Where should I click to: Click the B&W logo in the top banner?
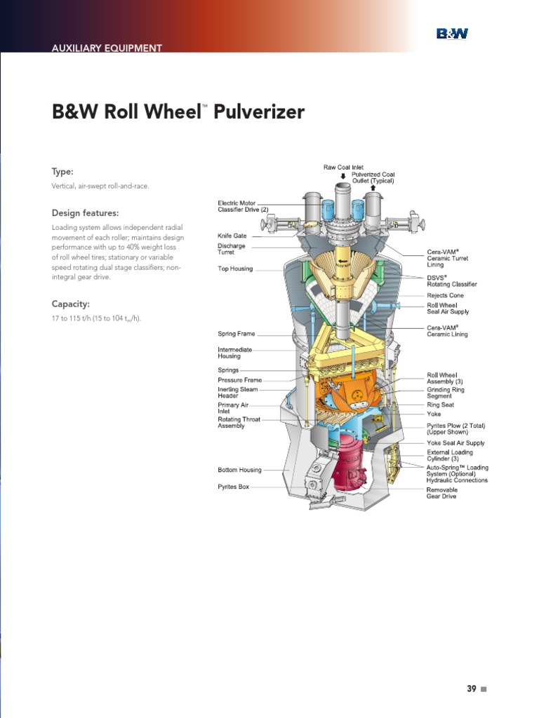coord(452,34)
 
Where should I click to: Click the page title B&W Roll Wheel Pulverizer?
coord(178,112)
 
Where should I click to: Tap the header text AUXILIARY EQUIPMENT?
coord(107,48)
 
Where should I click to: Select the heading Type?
coord(62,172)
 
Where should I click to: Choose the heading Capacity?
coord(70,304)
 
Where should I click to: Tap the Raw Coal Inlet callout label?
coord(343,167)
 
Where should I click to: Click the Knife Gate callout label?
coord(232,236)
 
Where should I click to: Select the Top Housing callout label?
coord(235,269)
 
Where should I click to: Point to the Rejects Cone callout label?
coord(445,296)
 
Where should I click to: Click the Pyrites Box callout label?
coord(233,487)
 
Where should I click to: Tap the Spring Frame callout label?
coord(236,334)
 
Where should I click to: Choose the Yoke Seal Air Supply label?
coord(455,443)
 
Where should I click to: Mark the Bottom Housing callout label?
coord(239,470)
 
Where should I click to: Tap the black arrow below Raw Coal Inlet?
coord(342,175)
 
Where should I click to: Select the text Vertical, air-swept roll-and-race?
coord(100,186)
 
